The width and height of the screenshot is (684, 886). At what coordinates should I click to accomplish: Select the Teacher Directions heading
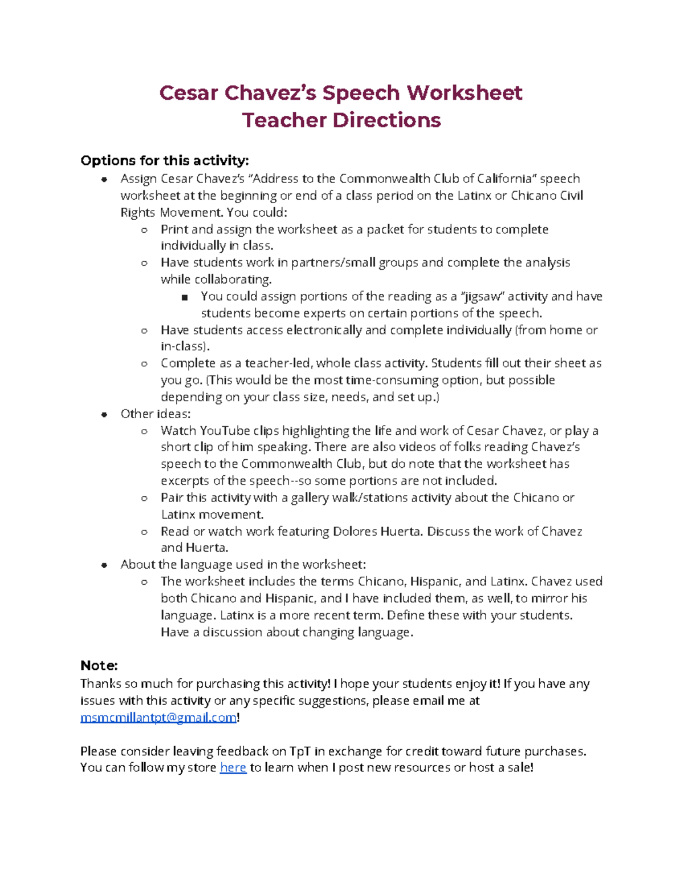pos(341,120)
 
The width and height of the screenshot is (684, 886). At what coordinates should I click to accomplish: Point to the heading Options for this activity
pos(165,160)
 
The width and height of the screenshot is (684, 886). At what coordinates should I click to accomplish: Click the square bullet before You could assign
pos(184,297)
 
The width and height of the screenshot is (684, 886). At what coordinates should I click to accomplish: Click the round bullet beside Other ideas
pos(104,415)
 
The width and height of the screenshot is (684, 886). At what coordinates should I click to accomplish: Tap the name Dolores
pos(355,531)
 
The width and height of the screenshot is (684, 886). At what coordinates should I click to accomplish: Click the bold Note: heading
pos(99,665)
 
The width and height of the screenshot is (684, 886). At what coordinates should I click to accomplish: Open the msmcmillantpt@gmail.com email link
pos(158,718)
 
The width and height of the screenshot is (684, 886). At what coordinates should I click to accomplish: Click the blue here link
pos(233,768)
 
